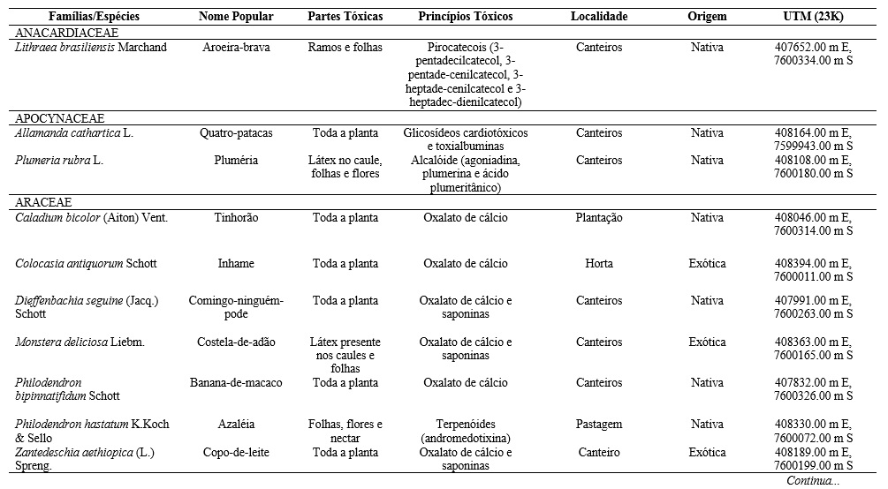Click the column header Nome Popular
[236, 17]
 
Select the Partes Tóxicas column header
[345, 17]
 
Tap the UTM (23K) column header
[812, 17]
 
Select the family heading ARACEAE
[43, 202]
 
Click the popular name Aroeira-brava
[236, 48]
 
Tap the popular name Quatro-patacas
[236, 133]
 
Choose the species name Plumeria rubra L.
[59, 161]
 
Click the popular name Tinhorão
[236, 218]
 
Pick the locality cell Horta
[599, 264]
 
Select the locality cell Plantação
[599, 218]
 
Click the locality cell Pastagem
[599, 425]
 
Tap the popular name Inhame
[236, 264]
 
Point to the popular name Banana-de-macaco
[236, 383]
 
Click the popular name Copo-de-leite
[236, 453]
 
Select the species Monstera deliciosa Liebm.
[80, 342]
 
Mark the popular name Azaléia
[236, 425]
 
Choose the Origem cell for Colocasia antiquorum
[707, 264]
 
